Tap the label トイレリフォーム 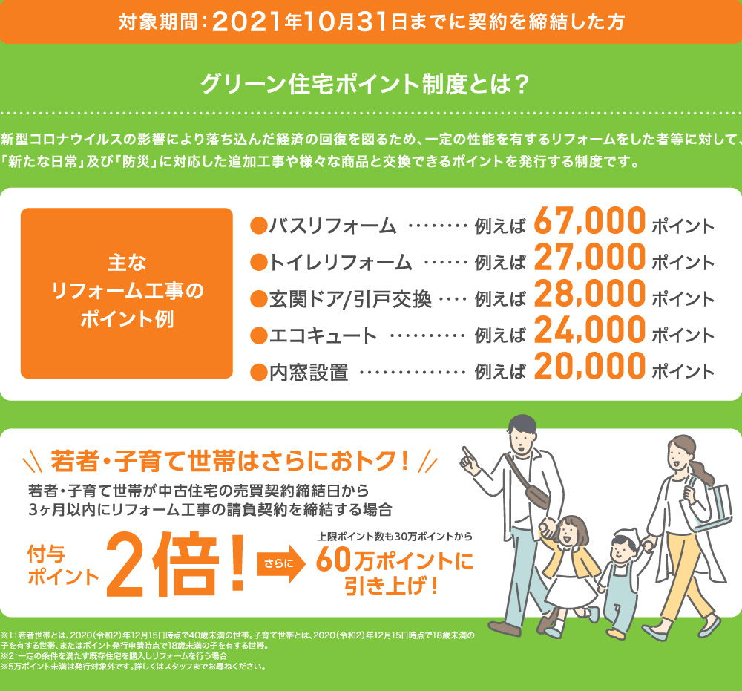pyautogui.click(x=339, y=262)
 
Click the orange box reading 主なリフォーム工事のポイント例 pyautogui.click(x=127, y=293)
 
